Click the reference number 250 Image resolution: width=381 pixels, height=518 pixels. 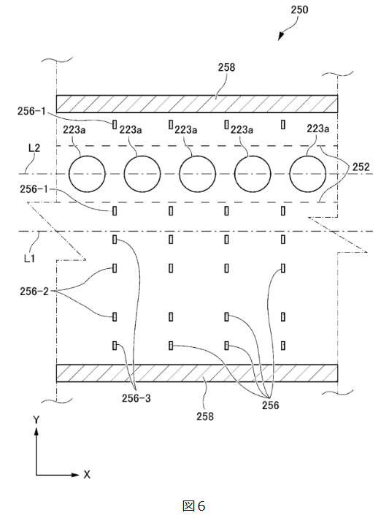pos(299,9)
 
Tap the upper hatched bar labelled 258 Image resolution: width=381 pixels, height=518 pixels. pos(197,104)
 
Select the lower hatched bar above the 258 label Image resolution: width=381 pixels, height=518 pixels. pos(197,373)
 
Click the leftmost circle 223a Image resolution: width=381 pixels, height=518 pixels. pos(87,174)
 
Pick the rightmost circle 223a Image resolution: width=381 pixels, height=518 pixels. pos(308,174)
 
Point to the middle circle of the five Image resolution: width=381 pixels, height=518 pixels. pos(197,174)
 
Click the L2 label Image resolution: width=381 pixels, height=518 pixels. pos(34,148)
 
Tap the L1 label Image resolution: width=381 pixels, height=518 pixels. pos(29,258)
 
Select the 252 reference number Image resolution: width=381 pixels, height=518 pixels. pos(361,167)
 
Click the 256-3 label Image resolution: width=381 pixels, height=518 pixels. pos(136,398)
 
